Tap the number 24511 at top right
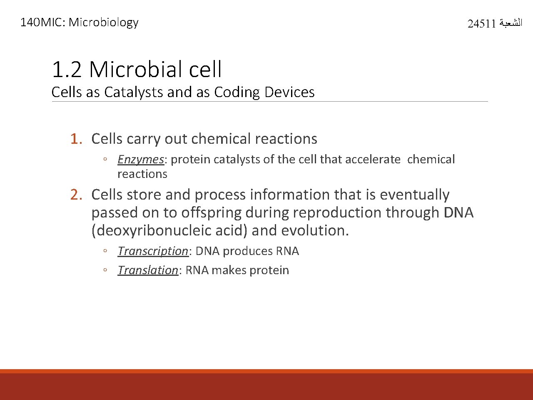[481, 24]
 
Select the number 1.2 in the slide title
[67, 70]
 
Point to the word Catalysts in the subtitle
[134, 92]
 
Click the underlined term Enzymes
[140, 160]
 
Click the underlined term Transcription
[153, 251]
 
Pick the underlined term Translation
[148, 270]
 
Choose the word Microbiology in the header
[103, 22]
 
